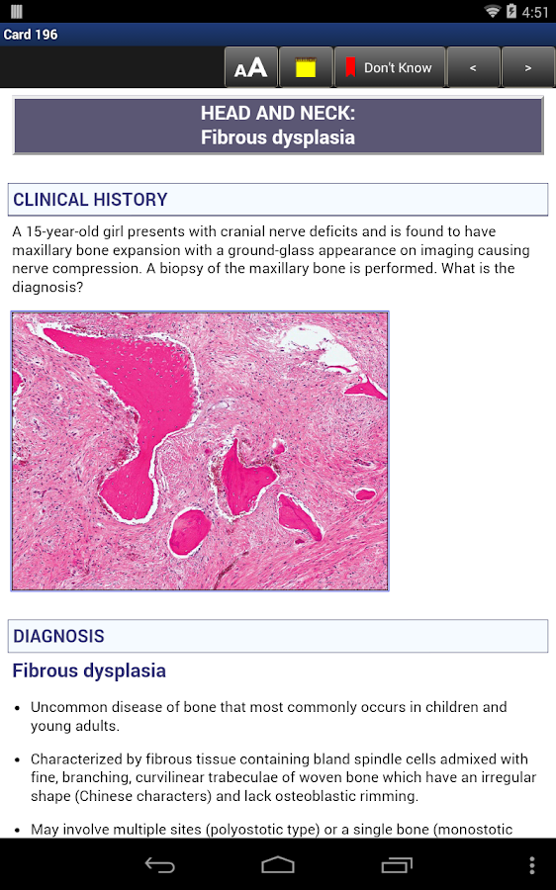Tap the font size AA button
point(251,67)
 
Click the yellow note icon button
point(306,67)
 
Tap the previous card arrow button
point(473,67)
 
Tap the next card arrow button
point(527,67)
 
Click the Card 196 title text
point(31,35)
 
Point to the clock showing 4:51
point(535,12)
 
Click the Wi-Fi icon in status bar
point(492,11)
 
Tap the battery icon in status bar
point(511,11)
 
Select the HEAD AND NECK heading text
point(277,114)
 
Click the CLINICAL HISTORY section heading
point(90,200)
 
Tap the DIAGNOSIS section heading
point(58,637)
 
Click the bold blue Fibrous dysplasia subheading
point(89,670)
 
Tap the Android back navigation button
point(160,865)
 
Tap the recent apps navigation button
point(397,865)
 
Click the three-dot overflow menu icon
point(531,865)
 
